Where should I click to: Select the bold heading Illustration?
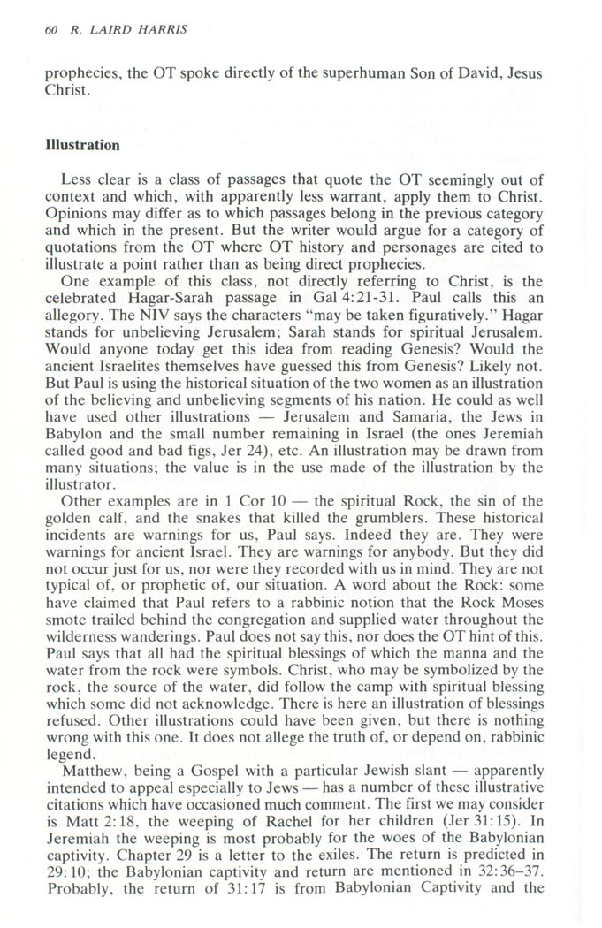tap(82, 144)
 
